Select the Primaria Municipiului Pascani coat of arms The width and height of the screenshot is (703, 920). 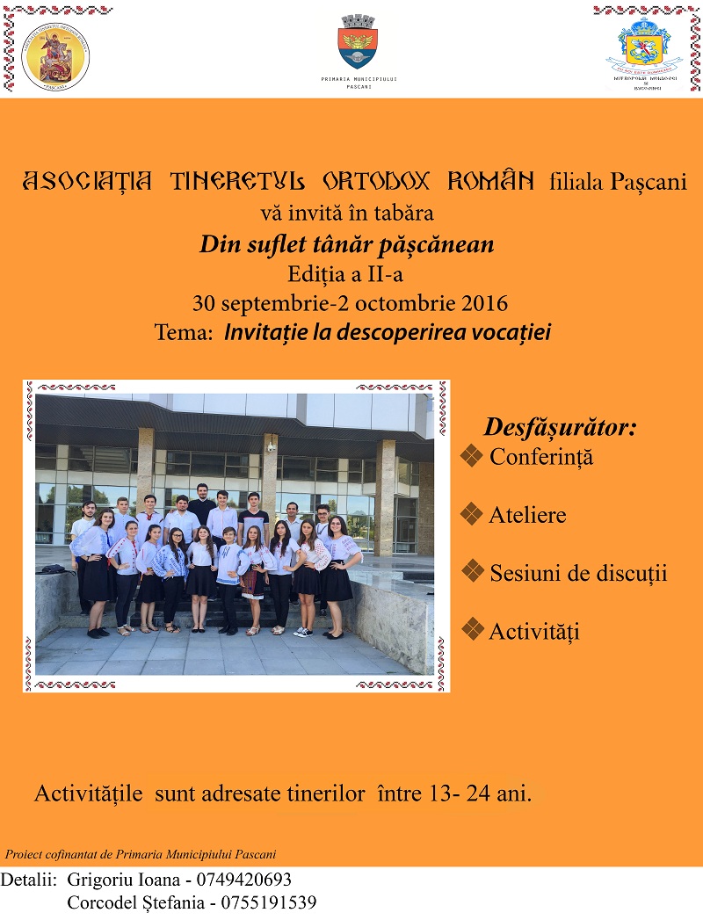(x=359, y=42)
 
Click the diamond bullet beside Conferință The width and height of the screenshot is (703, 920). (x=473, y=456)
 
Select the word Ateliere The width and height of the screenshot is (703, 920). (x=527, y=515)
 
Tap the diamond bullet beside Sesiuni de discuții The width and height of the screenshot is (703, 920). (x=473, y=572)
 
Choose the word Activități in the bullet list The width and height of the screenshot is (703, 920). (x=534, y=631)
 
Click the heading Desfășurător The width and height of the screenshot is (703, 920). (x=561, y=428)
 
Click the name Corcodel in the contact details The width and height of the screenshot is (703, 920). (x=102, y=902)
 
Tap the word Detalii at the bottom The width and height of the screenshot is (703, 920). (x=29, y=880)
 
